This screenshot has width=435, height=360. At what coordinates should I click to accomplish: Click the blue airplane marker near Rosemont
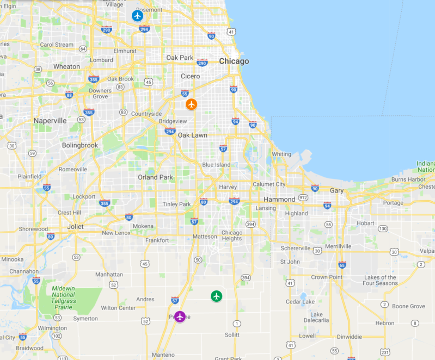137,16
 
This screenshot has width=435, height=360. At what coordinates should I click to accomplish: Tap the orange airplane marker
191,104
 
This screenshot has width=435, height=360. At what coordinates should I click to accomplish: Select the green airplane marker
217,296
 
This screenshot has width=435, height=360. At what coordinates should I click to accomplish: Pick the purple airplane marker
180,316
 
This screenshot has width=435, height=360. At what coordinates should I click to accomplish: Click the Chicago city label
234,61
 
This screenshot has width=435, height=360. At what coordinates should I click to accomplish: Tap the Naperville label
50,121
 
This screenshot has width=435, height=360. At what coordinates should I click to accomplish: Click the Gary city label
336,190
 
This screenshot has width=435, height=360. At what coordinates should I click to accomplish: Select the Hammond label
280,200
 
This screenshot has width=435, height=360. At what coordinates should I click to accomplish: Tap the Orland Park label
155,177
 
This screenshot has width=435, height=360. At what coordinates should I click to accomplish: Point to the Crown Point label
327,277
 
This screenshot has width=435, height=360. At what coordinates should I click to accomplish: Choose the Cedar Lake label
300,302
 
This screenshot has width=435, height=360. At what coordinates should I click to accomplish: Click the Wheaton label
66,66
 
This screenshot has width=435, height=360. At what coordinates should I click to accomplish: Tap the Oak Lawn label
192,135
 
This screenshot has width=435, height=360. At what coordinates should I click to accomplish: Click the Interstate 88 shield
69,95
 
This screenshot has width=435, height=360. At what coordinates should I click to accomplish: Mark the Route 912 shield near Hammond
303,197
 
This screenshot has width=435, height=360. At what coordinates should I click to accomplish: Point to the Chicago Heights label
231,236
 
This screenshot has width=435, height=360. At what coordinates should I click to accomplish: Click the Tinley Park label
177,204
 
